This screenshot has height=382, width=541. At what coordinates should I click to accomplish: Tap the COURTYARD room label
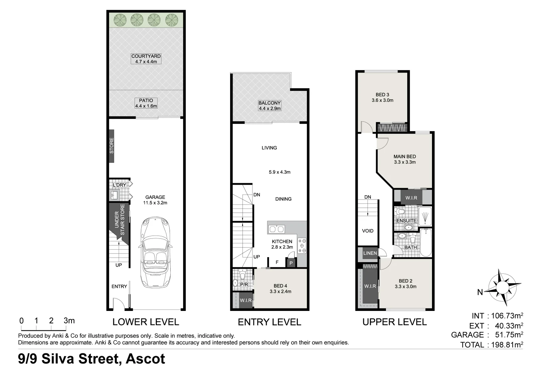point(146,56)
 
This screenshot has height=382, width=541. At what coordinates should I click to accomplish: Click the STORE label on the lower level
point(112,145)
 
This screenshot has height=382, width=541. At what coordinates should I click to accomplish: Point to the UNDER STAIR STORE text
point(120,219)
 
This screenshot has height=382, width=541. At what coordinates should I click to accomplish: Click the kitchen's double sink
point(277,229)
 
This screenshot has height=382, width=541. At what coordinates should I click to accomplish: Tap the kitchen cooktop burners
point(302,245)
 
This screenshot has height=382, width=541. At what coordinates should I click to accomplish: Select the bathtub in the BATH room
point(426,242)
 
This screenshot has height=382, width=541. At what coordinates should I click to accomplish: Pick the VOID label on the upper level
point(368,231)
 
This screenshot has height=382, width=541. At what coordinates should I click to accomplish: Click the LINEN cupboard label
point(370,253)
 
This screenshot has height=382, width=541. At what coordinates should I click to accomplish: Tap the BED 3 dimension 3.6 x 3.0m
point(382,100)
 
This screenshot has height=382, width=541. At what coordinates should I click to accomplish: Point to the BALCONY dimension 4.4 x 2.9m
point(270,109)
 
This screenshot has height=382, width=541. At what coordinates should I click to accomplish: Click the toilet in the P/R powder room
point(243,274)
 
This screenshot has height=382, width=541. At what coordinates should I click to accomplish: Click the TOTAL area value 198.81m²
point(507,345)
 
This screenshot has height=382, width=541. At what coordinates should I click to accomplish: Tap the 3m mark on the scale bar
point(69,321)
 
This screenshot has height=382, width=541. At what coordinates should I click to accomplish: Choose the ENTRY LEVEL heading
point(269,322)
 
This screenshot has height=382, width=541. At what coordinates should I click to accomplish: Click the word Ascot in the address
point(146,359)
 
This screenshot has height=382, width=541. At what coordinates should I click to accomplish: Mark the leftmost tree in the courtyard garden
point(120,19)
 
